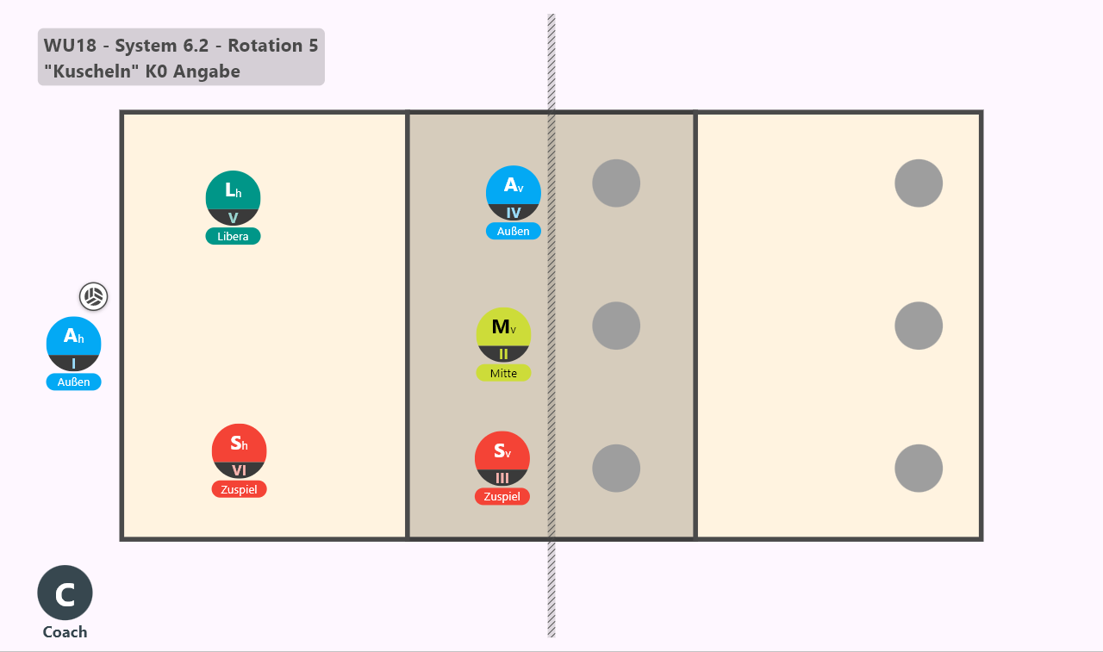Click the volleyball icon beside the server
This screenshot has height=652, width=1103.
94,296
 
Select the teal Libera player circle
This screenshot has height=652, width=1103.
233,198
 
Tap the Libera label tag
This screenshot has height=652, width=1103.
233,236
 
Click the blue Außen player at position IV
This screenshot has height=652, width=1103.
513,193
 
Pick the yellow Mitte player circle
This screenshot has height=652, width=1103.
503,334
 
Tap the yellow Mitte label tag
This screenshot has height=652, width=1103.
503,373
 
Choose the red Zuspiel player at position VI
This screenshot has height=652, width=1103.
239,450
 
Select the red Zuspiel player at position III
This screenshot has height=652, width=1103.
502,458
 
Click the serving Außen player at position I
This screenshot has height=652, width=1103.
73,344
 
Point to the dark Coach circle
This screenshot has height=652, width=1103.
65,593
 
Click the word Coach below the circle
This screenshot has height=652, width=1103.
65,632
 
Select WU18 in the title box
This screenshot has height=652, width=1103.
70,46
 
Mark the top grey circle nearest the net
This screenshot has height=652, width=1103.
616,183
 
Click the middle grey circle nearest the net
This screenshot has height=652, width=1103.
616,326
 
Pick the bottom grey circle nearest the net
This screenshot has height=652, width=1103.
616,468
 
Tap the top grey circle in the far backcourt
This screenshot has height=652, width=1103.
919,183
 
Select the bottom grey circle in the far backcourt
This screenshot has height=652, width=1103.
919,468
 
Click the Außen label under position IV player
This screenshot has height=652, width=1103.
513,232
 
